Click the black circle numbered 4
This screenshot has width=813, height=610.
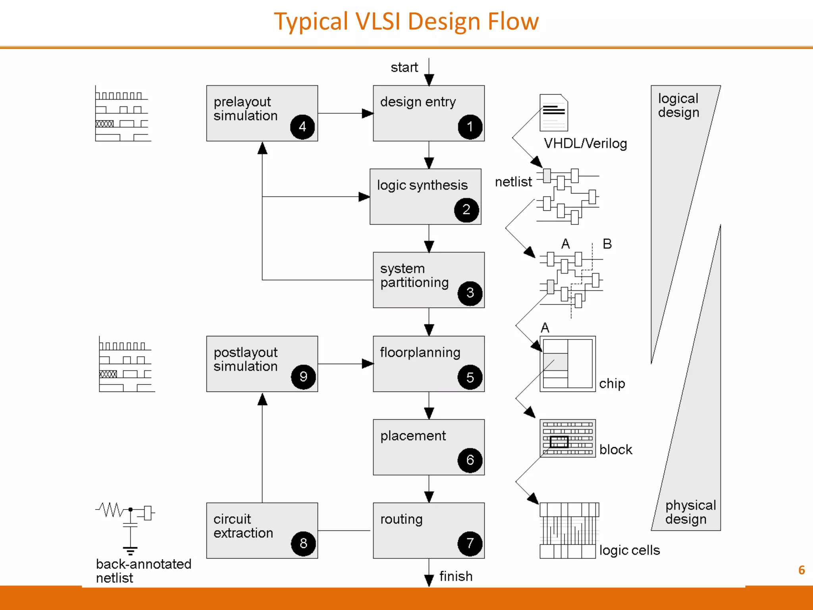click(x=302, y=127)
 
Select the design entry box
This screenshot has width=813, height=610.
click(x=428, y=113)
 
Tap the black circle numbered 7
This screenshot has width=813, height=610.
click(x=470, y=543)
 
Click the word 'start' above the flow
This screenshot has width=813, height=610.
click(x=404, y=67)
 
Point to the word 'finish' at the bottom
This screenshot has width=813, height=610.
click(x=456, y=576)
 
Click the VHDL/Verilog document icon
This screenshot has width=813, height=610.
click(x=553, y=113)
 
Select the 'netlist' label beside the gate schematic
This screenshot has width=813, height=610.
click(x=513, y=182)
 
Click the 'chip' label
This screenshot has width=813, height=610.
click(x=612, y=383)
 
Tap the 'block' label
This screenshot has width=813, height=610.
click(x=615, y=449)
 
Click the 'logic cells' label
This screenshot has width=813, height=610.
click(x=629, y=550)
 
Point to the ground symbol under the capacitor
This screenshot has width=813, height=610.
click(x=130, y=551)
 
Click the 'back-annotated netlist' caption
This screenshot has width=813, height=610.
click(x=143, y=571)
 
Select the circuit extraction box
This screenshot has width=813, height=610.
click(x=262, y=530)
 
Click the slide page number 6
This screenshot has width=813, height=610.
click(x=801, y=570)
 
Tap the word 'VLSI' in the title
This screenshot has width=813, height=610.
click(x=378, y=21)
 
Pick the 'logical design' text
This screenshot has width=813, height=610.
click(x=678, y=105)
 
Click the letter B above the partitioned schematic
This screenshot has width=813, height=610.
click(x=607, y=243)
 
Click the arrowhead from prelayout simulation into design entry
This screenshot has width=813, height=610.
click(x=367, y=114)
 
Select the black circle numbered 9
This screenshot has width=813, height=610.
click(x=303, y=376)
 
